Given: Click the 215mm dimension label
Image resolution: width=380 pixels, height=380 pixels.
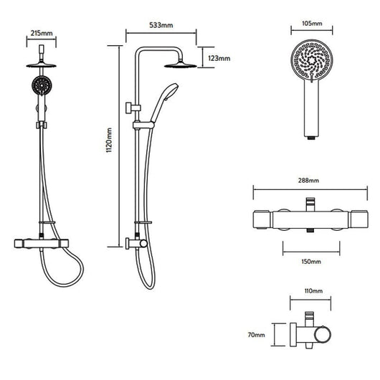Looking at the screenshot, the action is point(42,33).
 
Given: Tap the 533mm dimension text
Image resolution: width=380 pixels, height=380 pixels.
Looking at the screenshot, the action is point(161,25).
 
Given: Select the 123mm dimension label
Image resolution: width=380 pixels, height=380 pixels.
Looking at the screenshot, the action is point(219,58).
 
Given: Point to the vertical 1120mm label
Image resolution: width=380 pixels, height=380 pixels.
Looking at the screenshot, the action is point(109,140).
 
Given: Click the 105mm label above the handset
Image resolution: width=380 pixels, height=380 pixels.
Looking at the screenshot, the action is point(312,24).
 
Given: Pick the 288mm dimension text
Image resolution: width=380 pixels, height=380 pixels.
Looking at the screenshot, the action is point(308,180).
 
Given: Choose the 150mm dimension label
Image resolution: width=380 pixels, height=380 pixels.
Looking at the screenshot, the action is point(311,262).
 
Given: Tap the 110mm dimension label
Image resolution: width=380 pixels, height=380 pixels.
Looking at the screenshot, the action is point(313,290).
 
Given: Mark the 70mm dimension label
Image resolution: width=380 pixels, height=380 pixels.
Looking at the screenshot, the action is point(257,335).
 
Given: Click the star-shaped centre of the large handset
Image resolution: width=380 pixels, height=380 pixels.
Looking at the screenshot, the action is point(310,59).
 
